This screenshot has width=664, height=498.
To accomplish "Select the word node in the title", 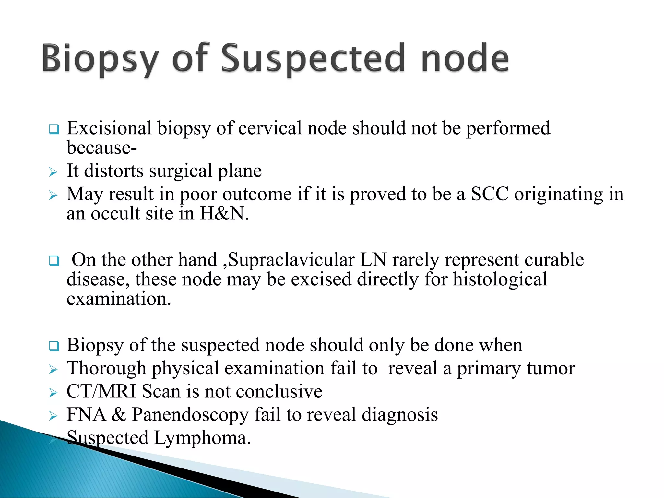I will click(x=465, y=58).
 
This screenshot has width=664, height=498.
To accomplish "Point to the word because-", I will click(x=102, y=148).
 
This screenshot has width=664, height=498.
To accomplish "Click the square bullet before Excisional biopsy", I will click(x=54, y=130).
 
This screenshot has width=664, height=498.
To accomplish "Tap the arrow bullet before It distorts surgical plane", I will click(x=53, y=172).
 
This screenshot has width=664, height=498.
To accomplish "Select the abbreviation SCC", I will click(x=490, y=195).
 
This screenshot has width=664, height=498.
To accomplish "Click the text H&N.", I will click(x=224, y=214).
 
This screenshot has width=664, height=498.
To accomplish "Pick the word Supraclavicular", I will click(x=291, y=260).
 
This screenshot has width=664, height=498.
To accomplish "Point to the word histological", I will click(x=500, y=279).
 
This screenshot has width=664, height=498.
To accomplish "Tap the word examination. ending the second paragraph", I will click(x=119, y=299).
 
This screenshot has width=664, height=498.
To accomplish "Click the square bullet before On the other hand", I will click(x=54, y=261).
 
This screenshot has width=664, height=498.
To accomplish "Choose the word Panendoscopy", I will click(x=190, y=415).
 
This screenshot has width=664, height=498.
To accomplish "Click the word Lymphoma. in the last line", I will click(x=202, y=438).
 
